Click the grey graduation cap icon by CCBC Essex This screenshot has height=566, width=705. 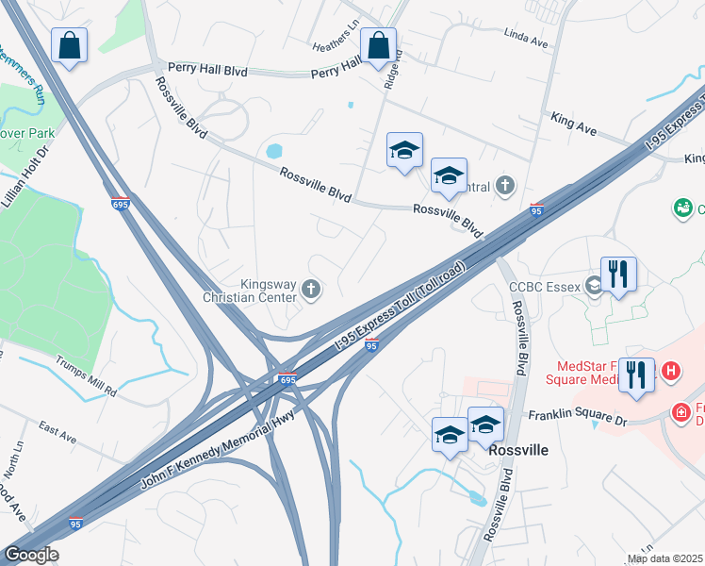pos(595,284)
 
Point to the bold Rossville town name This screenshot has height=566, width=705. pos(518,450)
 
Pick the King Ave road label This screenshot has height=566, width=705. pos(574,120)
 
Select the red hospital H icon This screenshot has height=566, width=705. pos(670,372)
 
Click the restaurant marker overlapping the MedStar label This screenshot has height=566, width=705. pos(637,375)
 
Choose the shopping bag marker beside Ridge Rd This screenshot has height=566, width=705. pos(378,45)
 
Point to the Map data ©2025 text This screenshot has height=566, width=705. pos(664,558)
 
